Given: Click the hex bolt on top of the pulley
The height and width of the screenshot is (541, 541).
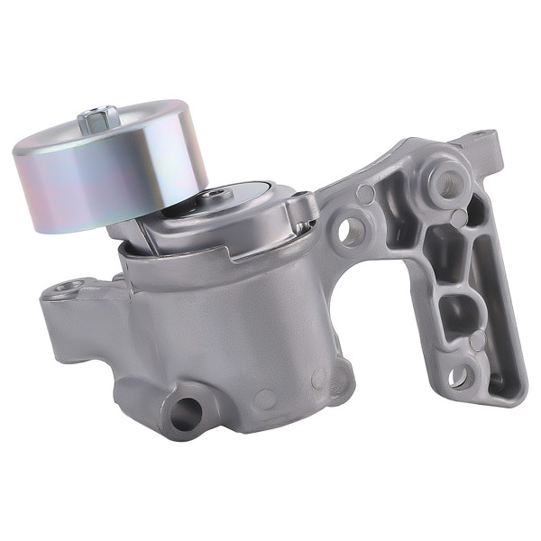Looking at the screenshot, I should (x=99, y=119).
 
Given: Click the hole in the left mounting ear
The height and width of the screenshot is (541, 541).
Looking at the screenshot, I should (x=65, y=289).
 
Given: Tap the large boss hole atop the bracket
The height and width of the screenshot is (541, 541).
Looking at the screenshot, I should (x=444, y=185).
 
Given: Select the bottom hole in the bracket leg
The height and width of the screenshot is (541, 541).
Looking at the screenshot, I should (x=459, y=378).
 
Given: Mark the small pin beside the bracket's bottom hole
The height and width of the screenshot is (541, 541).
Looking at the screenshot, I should (x=477, y=340).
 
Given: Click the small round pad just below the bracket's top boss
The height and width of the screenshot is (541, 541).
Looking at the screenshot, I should (x=459, y=218).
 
